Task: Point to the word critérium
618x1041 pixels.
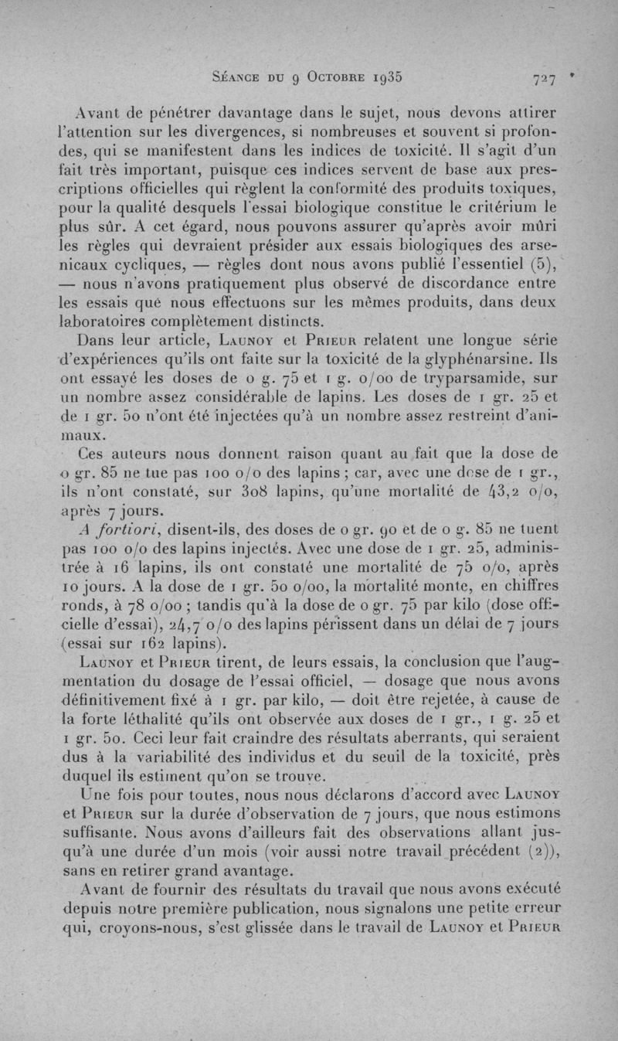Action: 507,207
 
